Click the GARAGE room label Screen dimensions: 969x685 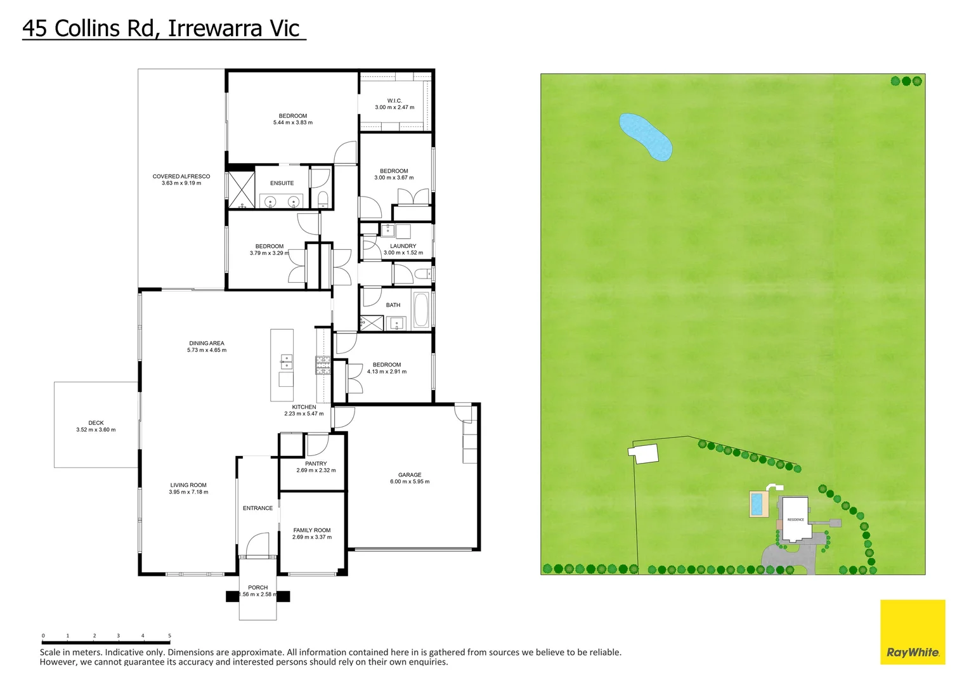410,475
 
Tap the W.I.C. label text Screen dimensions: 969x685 394,101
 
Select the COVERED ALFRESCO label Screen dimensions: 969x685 181,177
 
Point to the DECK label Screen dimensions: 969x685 96,423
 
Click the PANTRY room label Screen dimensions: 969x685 316,464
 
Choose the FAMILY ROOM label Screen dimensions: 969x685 312,530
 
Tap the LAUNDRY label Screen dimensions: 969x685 403,246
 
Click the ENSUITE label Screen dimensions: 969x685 282,183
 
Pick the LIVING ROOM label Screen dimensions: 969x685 188,485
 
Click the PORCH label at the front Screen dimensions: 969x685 258,588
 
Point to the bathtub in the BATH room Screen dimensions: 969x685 421,310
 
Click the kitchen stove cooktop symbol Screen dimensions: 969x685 323,365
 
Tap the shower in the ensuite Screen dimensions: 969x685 241,188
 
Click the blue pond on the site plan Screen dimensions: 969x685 645,136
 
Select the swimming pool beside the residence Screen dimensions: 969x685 757,504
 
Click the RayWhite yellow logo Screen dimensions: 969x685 913,632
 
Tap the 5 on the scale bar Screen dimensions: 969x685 169,636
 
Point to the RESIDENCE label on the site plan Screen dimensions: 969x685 795,519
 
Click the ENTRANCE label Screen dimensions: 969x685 257,509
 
